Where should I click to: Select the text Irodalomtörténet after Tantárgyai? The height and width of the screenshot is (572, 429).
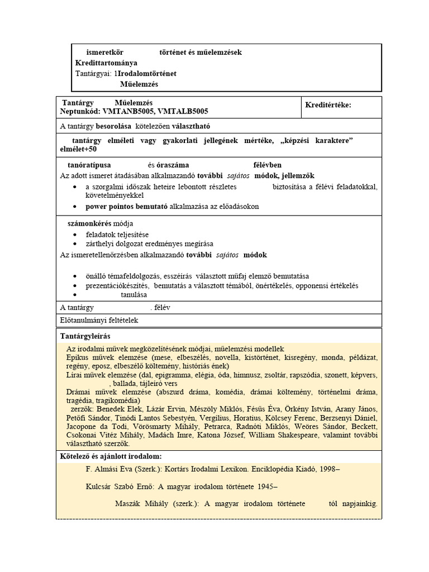tap(147, 73)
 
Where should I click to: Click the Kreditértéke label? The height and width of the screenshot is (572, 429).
tap(328, 106)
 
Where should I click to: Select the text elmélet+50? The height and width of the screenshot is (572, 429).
tap(78, 150)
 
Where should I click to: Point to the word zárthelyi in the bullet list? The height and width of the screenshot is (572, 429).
tap(100, 244)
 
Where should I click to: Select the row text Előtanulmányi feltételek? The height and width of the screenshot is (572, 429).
tap(98, 321)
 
